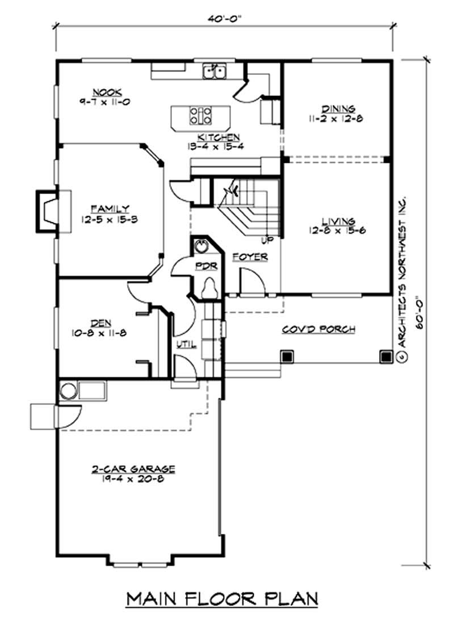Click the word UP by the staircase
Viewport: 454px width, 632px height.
(267, 240)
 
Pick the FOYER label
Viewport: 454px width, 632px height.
(250, 257)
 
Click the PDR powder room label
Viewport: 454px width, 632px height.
(203, 266)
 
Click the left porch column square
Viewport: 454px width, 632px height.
(287, 356)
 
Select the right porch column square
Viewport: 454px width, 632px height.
(385, 356)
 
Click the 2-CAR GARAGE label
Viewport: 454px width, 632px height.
(133, 469)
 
